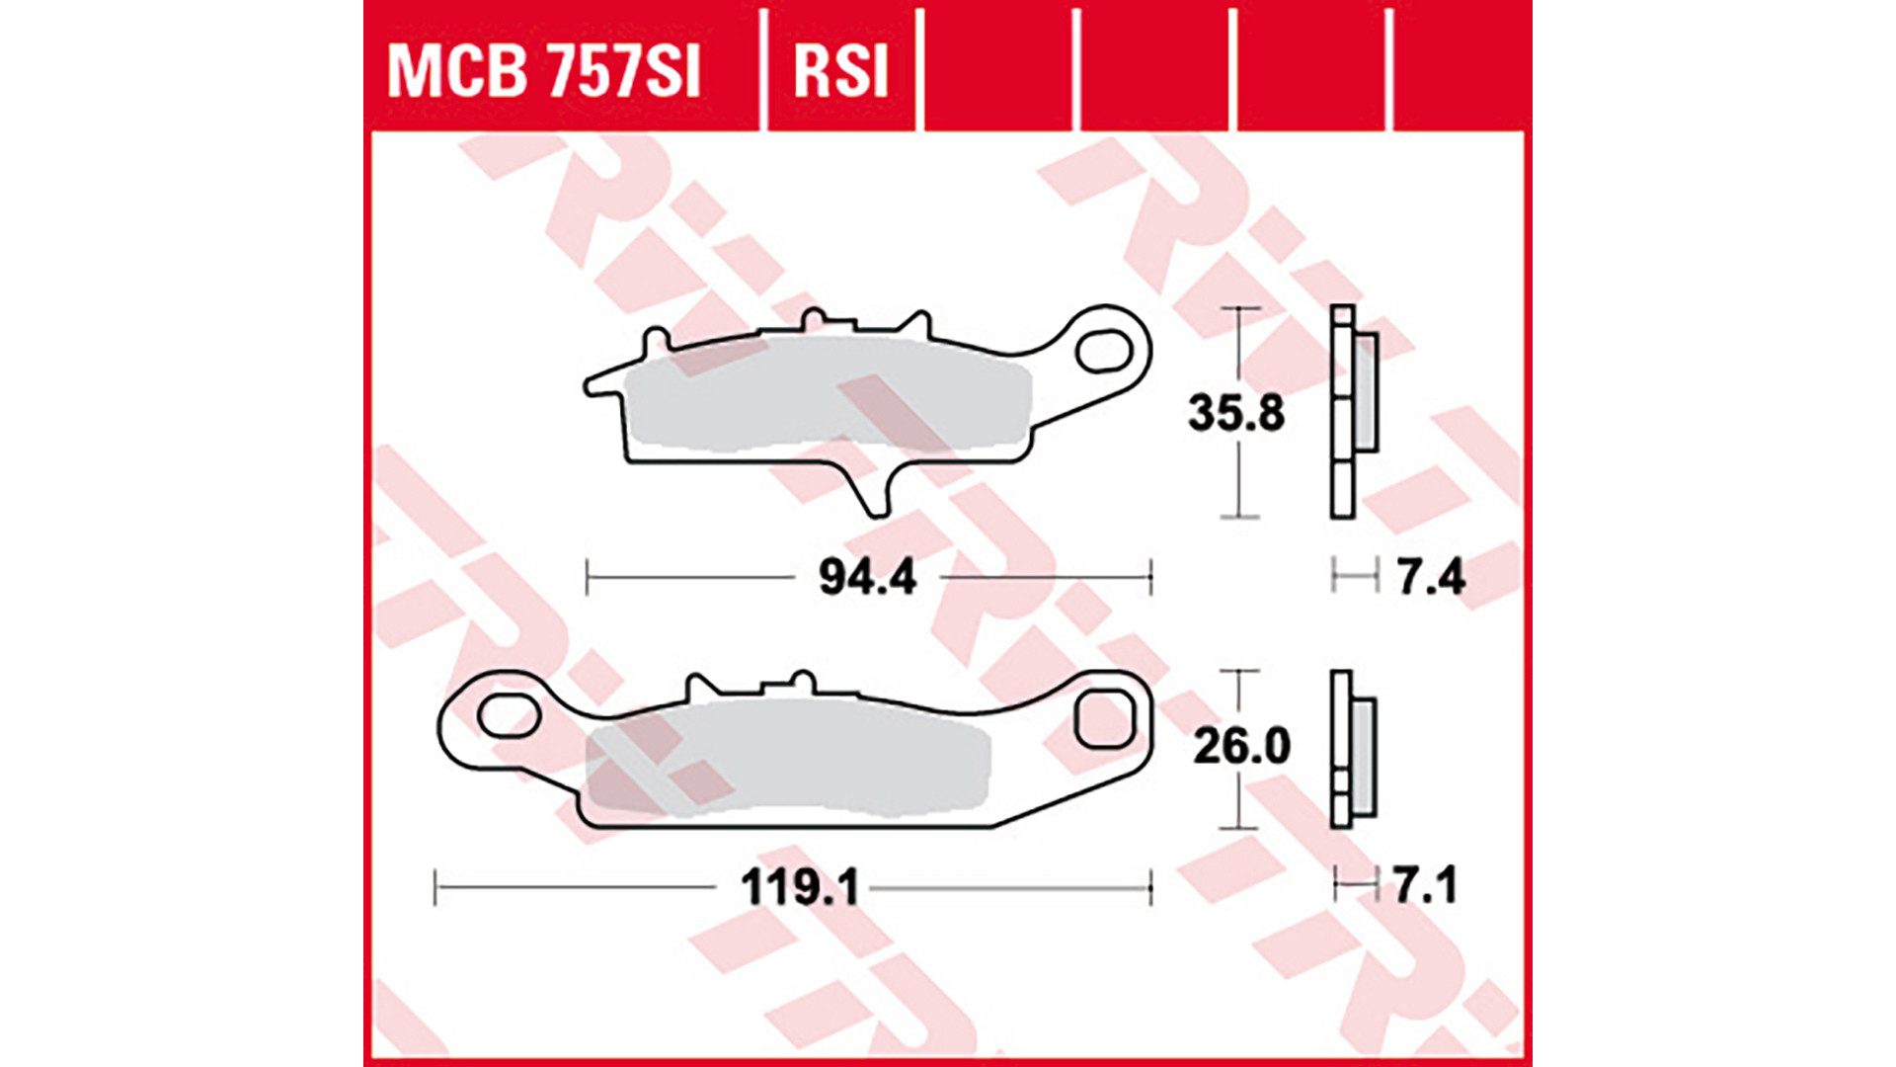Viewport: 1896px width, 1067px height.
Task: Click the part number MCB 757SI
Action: (x=543, y=71)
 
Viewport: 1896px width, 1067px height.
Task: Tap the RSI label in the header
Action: (x=840, y=71)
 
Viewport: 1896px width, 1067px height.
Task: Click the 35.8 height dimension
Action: (x=1235, y=413)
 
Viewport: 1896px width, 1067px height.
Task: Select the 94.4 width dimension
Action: (x=867, y=577)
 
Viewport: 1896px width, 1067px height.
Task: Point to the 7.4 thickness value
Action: (x=1431, y=577)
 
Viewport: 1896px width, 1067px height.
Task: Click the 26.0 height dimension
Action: (x=1240, y=746)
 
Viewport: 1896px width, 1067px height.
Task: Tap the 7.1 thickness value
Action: (x=1425, y=886)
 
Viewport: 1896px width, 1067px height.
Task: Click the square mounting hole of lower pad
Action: (x=1103, y=720)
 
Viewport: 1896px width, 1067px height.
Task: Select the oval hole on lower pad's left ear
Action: (x=509, y=715)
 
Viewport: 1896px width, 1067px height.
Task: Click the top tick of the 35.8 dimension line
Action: (x=1240, y=309)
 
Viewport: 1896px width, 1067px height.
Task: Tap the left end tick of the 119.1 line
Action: (x=435, y=888)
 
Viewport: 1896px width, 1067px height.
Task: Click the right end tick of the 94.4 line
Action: (x=1150, y=577)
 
